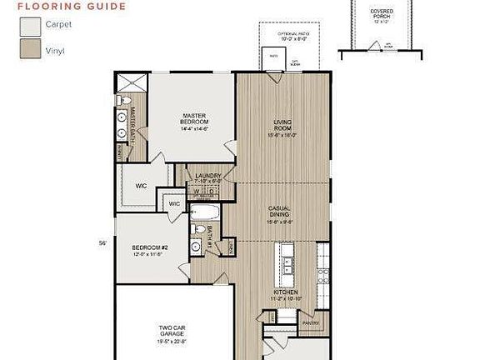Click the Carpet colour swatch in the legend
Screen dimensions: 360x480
tap(30, 27)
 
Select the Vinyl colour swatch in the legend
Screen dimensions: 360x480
tap(30, 49)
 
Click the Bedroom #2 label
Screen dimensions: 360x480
tap(150, 250)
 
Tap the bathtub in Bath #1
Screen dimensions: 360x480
tap(203, 210)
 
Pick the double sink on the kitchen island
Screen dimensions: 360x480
tap(287, 265)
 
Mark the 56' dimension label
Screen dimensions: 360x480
tap(103, 243)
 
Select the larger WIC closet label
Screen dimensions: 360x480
tap(142, 185)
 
